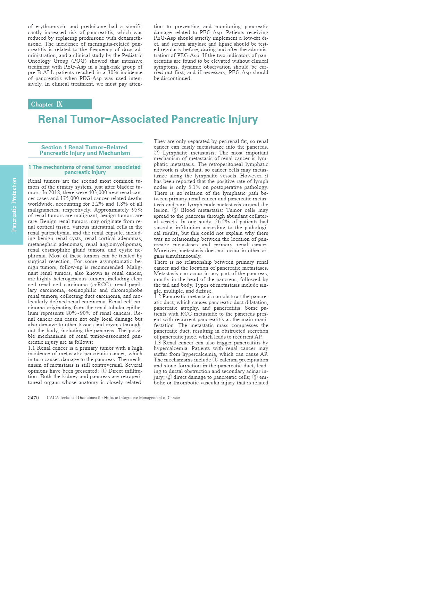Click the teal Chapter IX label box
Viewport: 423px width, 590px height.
pos(60,104)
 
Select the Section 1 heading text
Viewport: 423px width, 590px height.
pos(84,150)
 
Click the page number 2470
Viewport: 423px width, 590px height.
pos(33,398)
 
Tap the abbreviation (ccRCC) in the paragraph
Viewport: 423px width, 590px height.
pos(101,285)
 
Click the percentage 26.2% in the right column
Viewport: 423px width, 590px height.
pos(223,222)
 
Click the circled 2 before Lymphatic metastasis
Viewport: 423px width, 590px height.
pos(157,153)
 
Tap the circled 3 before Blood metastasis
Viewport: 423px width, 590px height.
pos(175,210)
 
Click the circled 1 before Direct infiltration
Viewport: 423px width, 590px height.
pos(103,371)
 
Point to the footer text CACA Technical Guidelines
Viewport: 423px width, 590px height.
pos(113,398)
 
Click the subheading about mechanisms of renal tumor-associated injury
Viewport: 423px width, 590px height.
pos(85,169)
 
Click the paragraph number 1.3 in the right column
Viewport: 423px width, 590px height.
pos(158,343)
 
